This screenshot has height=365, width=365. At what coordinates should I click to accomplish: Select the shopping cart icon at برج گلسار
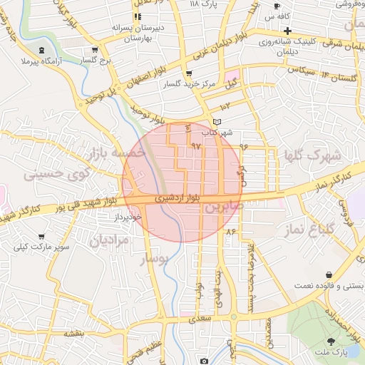pos(95,51)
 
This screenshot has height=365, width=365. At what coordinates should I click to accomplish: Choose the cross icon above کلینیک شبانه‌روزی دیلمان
pos(287,31)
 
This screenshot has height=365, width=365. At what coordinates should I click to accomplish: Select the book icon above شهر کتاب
pos(217,122)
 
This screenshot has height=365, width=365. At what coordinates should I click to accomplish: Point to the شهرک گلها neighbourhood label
pos(312,155)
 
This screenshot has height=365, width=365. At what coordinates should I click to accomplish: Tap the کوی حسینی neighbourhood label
pos(57,172)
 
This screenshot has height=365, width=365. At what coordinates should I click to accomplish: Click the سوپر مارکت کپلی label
pos(42,247)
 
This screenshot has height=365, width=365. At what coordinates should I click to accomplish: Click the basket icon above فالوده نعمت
pos(329,274)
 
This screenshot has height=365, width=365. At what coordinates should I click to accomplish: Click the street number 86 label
pos(230,232)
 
